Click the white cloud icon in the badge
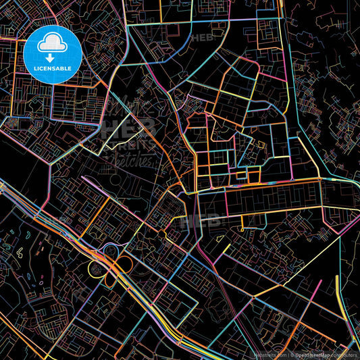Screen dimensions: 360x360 tap(53, 44)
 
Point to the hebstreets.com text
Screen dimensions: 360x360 tap(269, 355)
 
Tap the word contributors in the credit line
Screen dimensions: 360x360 tap(346, 355)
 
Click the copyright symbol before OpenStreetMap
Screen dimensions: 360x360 tap(292, 355)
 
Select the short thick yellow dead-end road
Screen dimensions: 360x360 tap(338, 286)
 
